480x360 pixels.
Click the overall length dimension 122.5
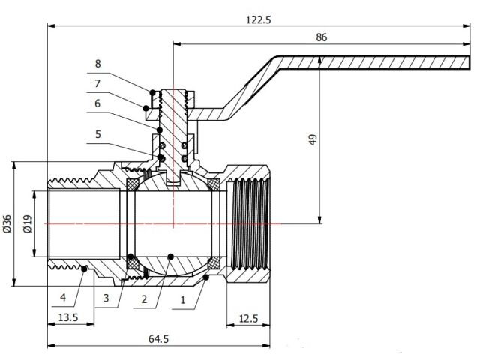pyautogui.click(x=257, y=19)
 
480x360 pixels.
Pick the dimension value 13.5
pyautogui.click(x=69, y=317)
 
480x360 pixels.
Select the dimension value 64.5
pyautogui.click(x=157, y=339)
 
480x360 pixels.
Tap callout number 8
pyautogui.click(x=97, y=62)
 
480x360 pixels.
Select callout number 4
pyautogui.click(x=64, y=295)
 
